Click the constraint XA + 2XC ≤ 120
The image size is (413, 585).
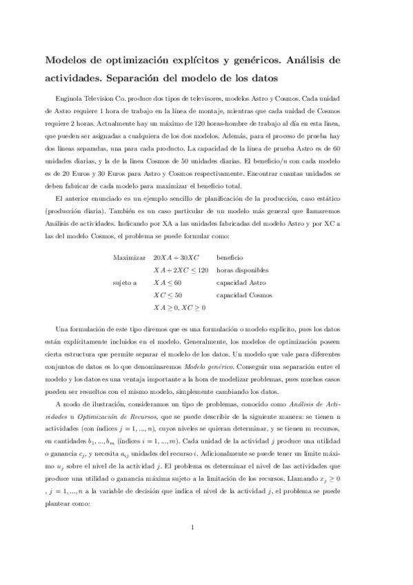181,270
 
